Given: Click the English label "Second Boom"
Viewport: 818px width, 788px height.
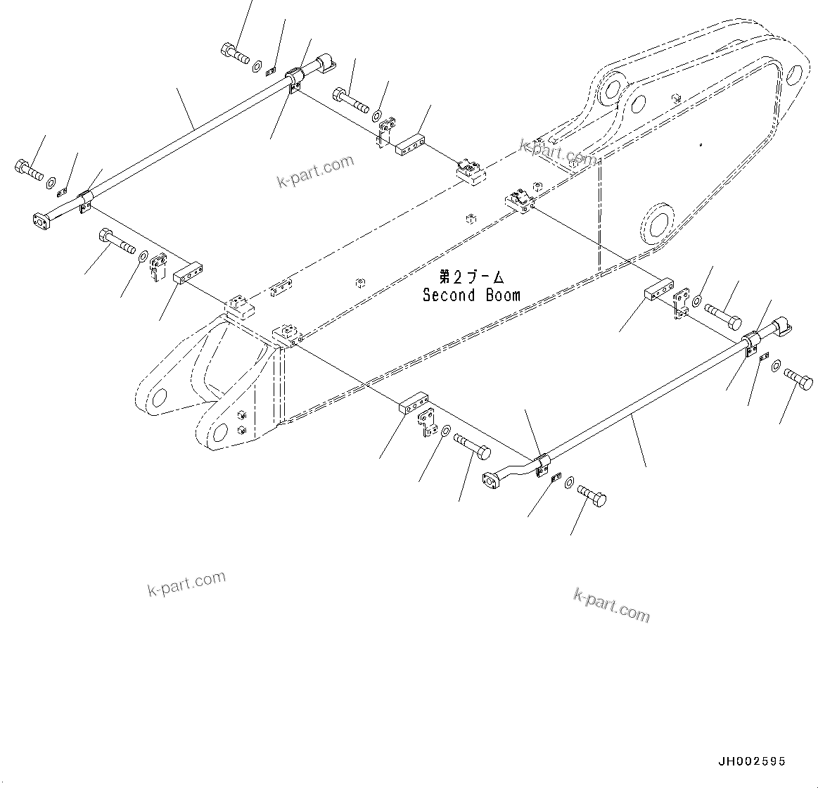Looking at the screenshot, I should click(x=471, y=295).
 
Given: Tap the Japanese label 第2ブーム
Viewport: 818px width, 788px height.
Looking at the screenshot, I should click(x=471, y=277).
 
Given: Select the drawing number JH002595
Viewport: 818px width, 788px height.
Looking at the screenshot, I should click(x=751, y=761).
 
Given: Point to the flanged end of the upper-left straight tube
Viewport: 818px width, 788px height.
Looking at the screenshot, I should click(x=42, y=220).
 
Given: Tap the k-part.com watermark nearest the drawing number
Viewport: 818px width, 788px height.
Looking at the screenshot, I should click(x=612, y=605).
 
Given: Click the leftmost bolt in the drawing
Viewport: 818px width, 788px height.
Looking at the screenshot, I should click(x=27, y=170).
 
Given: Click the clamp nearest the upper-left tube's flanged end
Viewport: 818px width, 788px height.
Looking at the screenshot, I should click(x=86, y=200).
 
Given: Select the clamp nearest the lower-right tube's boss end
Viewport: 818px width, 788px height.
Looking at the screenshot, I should click(x=750, y=343).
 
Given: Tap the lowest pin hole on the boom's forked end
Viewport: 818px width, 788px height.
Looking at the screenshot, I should click(x=219, y=432).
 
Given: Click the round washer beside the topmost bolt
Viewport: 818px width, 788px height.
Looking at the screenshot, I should click(x=257, y=65).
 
